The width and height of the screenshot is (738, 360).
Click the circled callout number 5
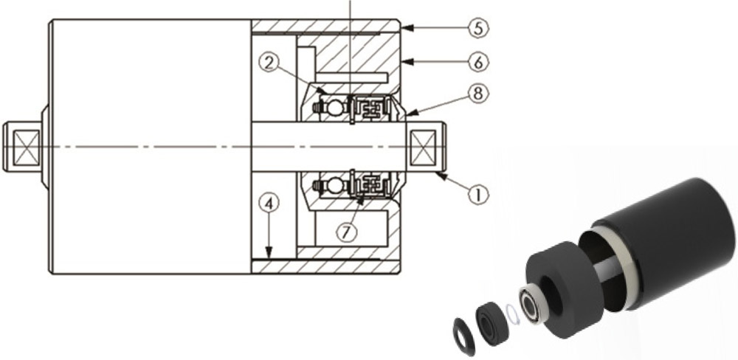coord(477,30)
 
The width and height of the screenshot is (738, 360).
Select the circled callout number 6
coord(477,62)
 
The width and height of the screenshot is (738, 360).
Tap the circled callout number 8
coord(477,95)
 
